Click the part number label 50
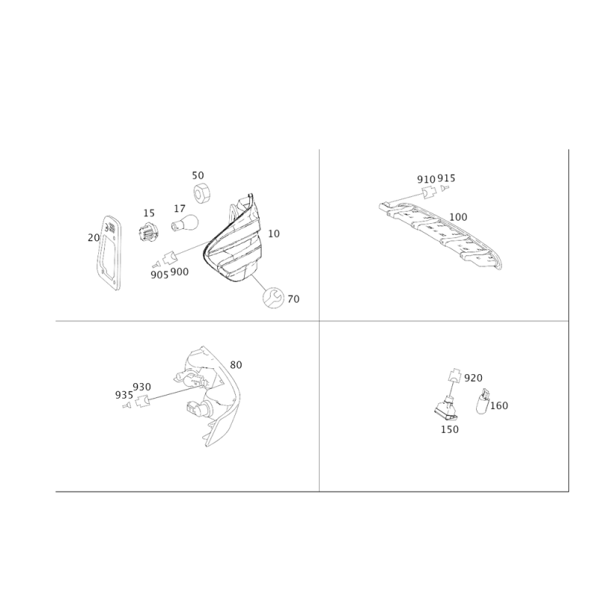198,176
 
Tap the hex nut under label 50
202,192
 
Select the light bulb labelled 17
184,222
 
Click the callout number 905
159,274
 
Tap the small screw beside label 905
155,264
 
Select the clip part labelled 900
170,258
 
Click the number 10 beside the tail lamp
274,234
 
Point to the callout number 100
458,217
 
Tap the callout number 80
236,364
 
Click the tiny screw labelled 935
126,405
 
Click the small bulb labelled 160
483,402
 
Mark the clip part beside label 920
454,376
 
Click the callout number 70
293,299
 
